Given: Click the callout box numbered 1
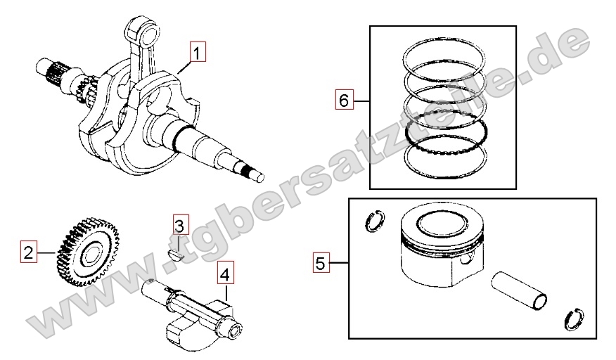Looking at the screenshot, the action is pos(198,52).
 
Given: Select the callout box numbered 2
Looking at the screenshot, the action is pos(29,252).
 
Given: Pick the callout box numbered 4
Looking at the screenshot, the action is pos(226,274).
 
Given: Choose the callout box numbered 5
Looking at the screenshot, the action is pos(321,263).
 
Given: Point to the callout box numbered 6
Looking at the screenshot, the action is pos(344,100).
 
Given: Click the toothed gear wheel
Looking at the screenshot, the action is pos(88,252).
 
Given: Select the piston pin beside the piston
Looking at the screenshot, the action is pos(518,290).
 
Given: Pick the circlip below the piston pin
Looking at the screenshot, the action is pos(573,319).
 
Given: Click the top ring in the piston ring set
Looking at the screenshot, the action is pos(443,54).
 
